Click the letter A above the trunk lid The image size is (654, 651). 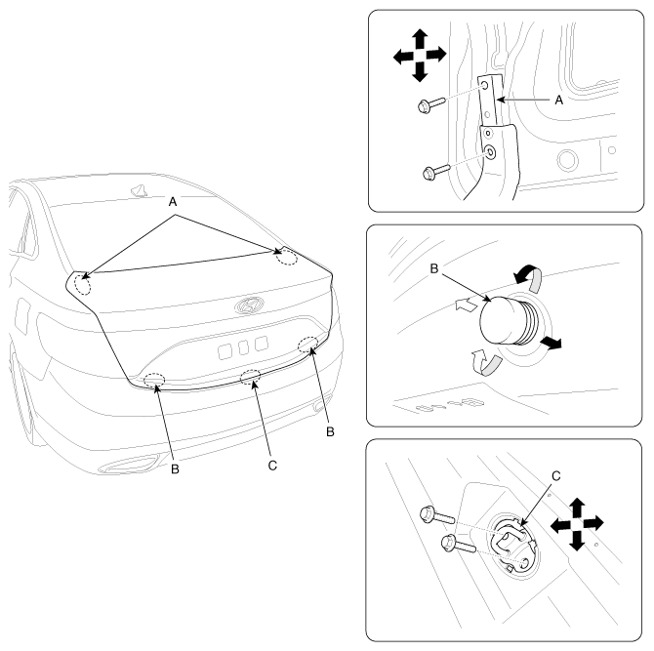[173, 202]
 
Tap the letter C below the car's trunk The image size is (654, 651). [272, 466]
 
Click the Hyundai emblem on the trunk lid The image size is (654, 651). [249, 305]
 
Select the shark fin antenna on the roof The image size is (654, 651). [140, 190]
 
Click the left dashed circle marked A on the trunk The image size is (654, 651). [82, 285]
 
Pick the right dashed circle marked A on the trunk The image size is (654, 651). [287, 257]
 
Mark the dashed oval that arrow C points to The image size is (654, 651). [251, 376]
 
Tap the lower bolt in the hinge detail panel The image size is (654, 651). [436, 172]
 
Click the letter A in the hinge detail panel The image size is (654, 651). [559, 101]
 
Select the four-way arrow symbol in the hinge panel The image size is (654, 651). [420, 56]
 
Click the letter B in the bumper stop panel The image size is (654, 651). [434, 268]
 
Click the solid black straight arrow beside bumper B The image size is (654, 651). [552, 343]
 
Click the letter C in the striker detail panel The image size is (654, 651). [556, 476]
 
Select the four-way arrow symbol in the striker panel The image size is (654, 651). [577, 524]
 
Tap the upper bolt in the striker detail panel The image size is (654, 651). [437, 515]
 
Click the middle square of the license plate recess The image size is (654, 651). [243, 347]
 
